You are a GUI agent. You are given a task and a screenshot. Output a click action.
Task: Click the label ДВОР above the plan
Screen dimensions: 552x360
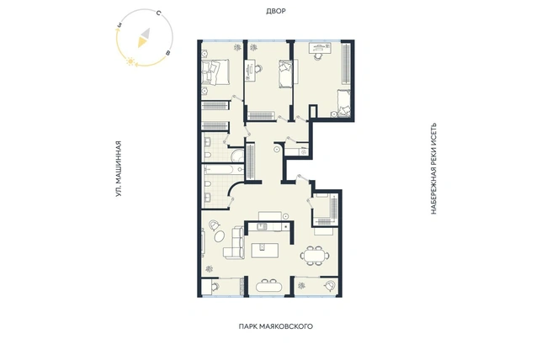(x=276, y=11)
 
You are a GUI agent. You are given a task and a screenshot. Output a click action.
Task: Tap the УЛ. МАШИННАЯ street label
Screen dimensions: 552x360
(x=119, y=168)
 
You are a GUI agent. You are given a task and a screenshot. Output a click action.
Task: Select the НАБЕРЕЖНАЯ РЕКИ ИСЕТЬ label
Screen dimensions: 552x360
(x=433, y=168)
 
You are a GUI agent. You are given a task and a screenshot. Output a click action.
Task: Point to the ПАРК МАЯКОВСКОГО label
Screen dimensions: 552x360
(x=276, y=326)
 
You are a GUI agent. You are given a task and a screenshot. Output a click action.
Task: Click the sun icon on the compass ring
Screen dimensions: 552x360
(x=131, y=61)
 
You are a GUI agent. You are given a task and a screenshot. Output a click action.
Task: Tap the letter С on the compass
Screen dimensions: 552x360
(x=158, y=13)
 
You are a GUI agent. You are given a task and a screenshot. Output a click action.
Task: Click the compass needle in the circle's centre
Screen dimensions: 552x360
(x=144, y=38)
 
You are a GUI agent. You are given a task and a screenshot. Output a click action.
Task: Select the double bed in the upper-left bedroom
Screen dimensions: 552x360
(x=215, y=72)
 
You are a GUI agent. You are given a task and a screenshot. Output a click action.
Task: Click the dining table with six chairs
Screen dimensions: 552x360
(x=315, y=255)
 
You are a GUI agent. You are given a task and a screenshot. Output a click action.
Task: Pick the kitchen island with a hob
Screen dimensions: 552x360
(x=265, y=251)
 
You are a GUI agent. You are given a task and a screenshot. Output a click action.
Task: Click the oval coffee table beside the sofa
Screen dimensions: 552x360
(x=220, y=236)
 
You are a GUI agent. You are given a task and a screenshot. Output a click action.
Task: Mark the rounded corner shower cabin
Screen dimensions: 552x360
(x=236, y=156)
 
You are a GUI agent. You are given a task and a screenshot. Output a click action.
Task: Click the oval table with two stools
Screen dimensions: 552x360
(x=268, y=286)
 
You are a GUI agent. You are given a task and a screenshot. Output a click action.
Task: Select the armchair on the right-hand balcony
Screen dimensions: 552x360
(x=330, y=285)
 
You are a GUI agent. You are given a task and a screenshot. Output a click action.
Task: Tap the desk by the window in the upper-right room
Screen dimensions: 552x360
(x=320, y=48)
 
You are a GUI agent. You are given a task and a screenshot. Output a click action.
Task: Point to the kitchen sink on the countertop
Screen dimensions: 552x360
(x=262, y=226)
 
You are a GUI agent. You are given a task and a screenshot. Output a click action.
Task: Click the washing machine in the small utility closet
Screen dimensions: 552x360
(x=304, y=151)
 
